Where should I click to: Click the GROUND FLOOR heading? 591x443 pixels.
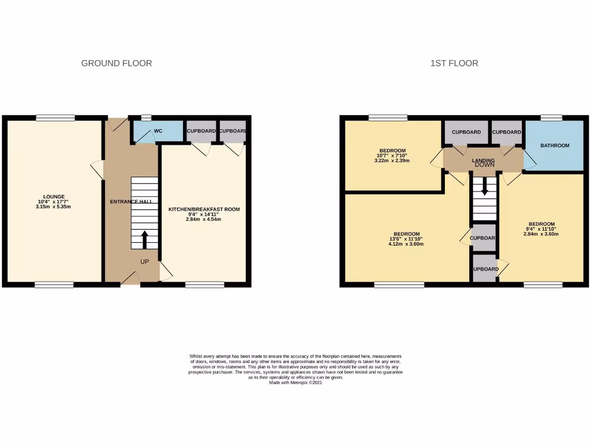[x=117, y=63]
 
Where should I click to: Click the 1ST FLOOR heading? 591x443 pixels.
[x=454, y=63]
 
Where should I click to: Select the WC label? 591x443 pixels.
[x=158, y=132]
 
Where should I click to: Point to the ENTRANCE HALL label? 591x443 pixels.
[x=131, y=202]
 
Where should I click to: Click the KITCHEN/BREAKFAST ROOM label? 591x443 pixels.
[x=204, y=209]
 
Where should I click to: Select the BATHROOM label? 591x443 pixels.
[x=555, y=145]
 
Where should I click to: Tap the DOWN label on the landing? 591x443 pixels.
[x=484, y=165]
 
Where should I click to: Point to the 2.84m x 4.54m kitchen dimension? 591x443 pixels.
[x=204, y=219]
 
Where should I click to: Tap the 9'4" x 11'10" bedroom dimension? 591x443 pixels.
[x=542, y=229]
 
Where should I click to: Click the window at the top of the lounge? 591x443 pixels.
[x=55, y=118]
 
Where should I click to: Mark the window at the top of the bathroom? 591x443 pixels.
[x=551, y=118]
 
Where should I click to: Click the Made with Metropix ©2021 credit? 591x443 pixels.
[x=295, y=382]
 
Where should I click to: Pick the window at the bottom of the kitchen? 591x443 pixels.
[x=205, y=284]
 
